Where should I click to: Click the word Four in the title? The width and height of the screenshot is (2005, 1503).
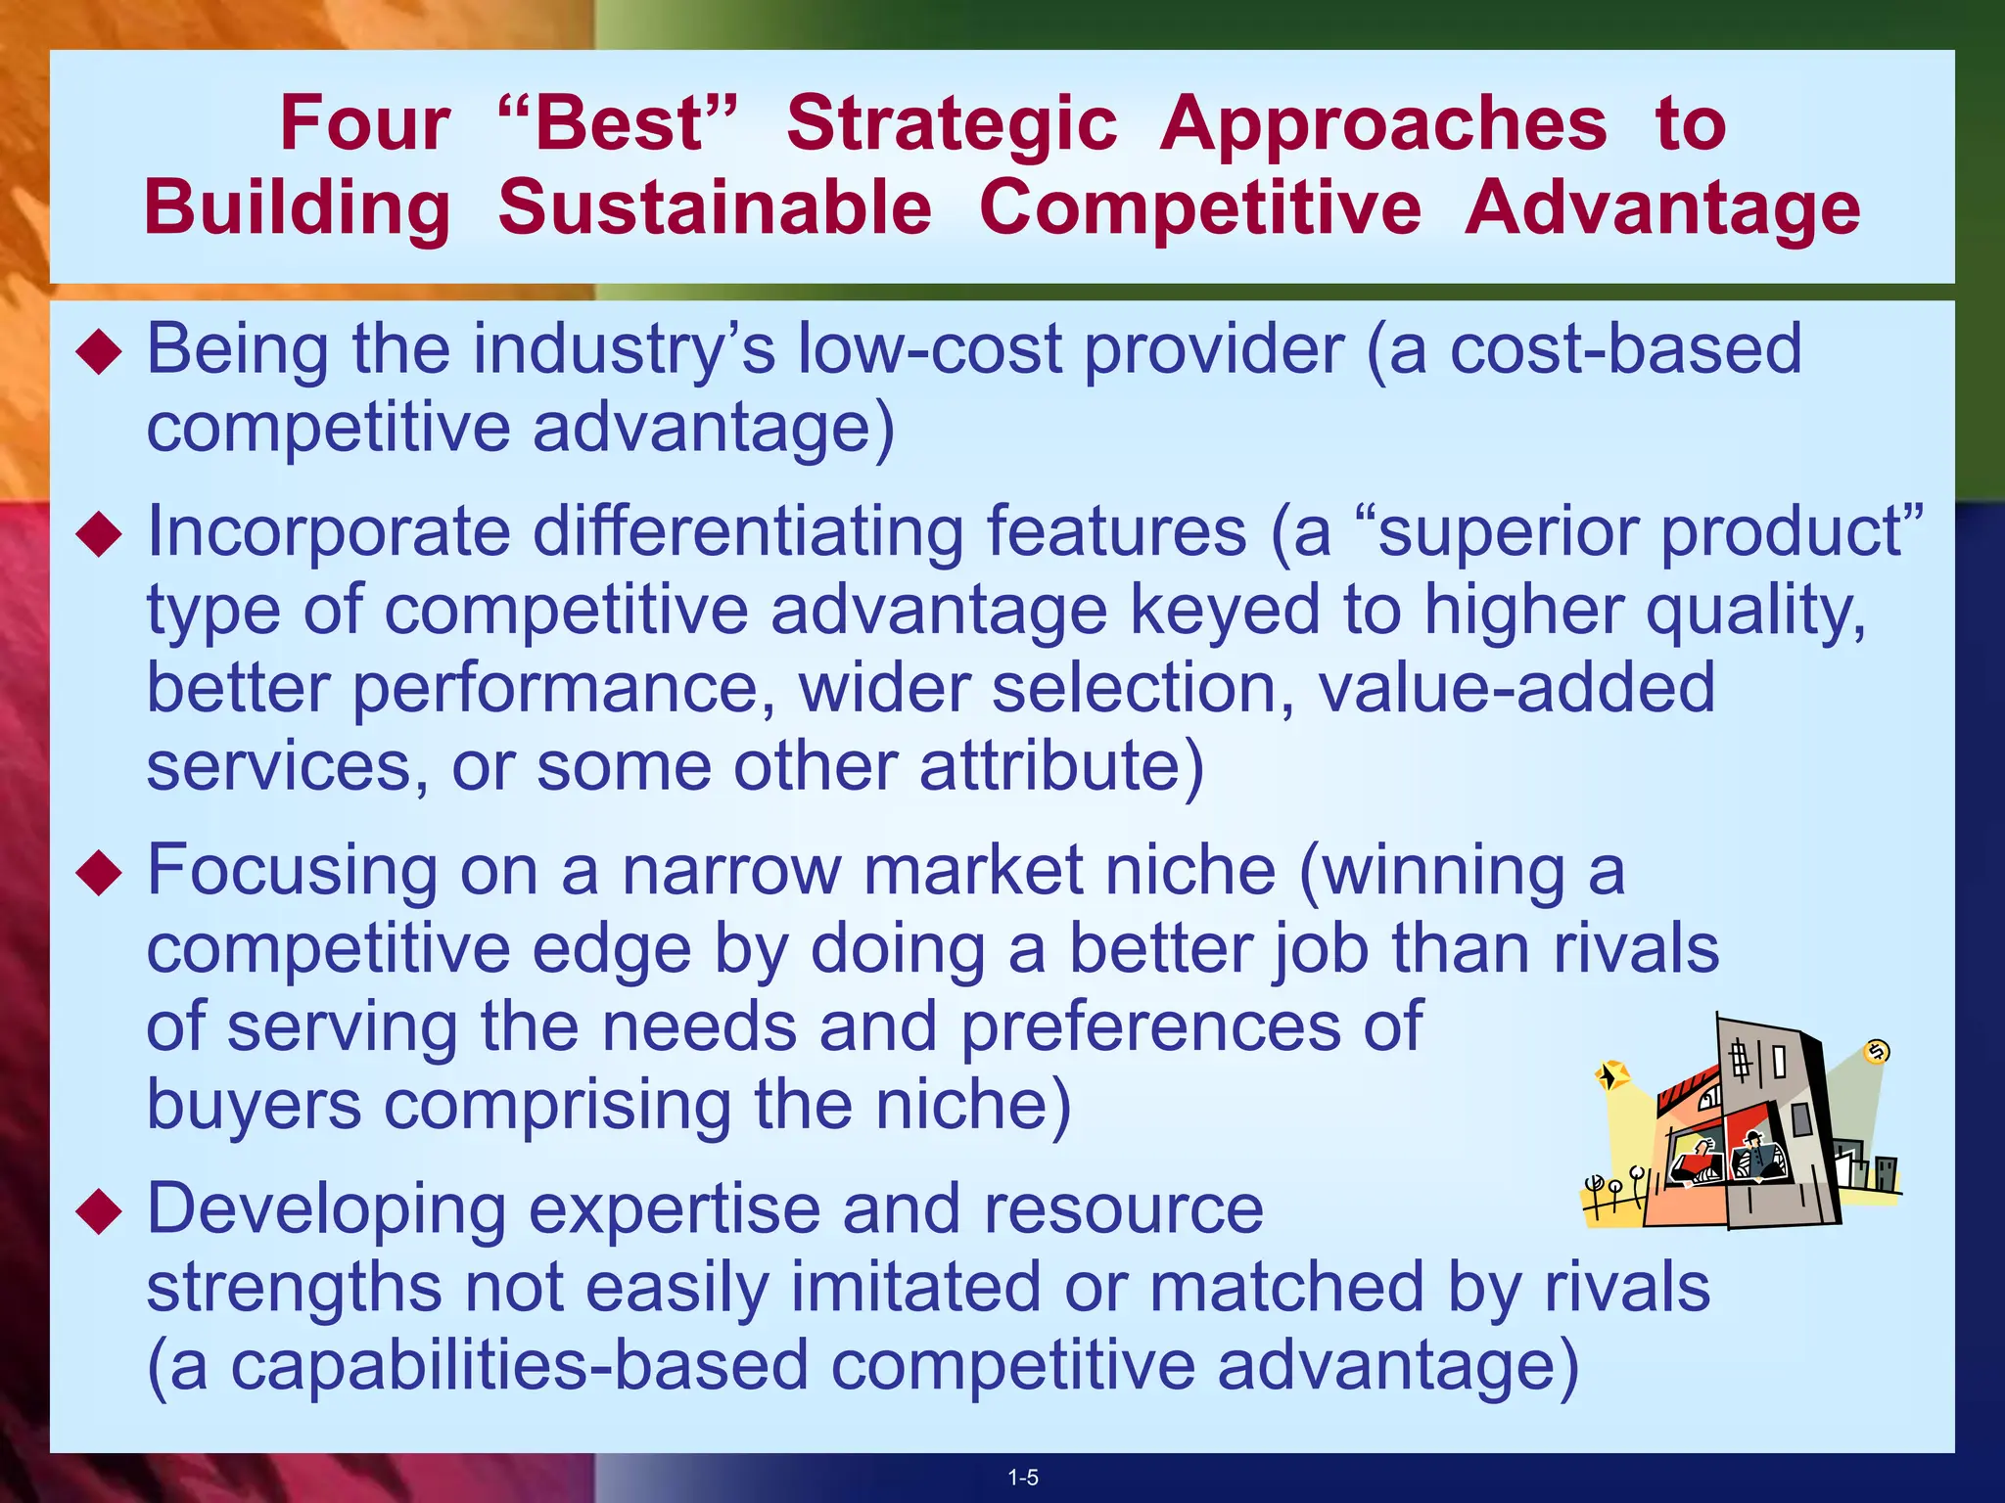pyautogui.click(x=364, y=123)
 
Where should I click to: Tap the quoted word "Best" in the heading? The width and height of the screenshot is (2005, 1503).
pyautogui.click(x=618, y=123)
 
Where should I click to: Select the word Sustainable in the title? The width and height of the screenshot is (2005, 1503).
pyautogui.click(x=715, y=207)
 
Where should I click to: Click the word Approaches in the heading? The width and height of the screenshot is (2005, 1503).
pyautogui.click(x=1383, y=125)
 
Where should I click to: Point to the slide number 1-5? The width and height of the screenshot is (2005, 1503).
pyautogui.click(x=1023, y=1478)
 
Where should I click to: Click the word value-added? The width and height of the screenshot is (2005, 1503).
pyautogui.click(x=1516, y=688)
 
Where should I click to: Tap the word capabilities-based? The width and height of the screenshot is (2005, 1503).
pyautogui.click(x=519, y=1366)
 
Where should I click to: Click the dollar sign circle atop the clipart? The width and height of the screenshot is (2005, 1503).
pyautogui.click(x=1877, y=1052)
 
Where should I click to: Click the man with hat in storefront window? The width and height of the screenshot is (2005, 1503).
pyautogui.click(x=1752, y=1155)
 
